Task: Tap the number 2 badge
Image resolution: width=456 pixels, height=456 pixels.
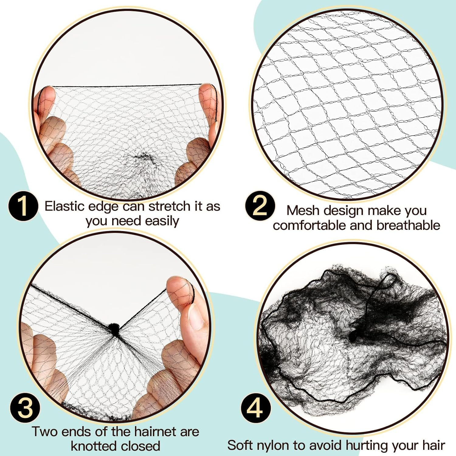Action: click(x=260, y=206)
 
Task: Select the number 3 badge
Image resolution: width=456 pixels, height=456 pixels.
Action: click(x=25, y=408)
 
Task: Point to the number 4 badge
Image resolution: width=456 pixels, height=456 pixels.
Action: click(x=256, y=408)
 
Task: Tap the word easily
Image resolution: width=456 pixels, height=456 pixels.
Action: click(x=162, y=221)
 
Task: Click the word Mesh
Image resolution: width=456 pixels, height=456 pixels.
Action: click(x=303, y=210)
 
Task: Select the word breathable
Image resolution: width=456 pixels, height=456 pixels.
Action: click(x=408, y=225)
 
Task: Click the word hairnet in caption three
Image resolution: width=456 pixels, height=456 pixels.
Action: click(x=155, y=432)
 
